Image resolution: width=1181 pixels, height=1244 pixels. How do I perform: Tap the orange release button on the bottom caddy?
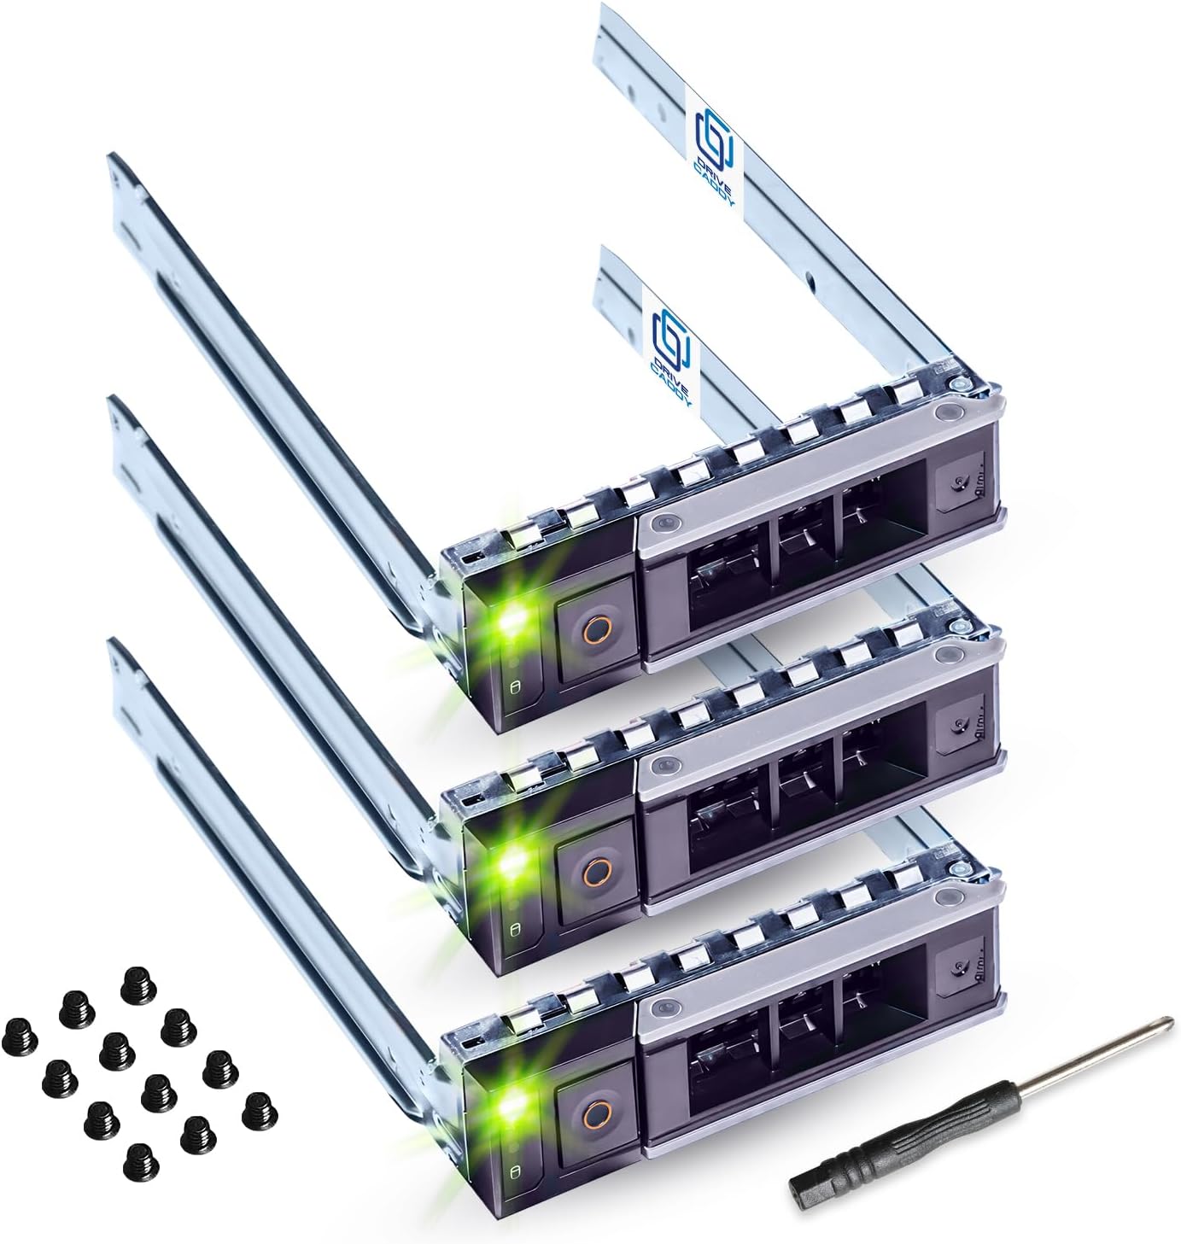(x=594, y=1108)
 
